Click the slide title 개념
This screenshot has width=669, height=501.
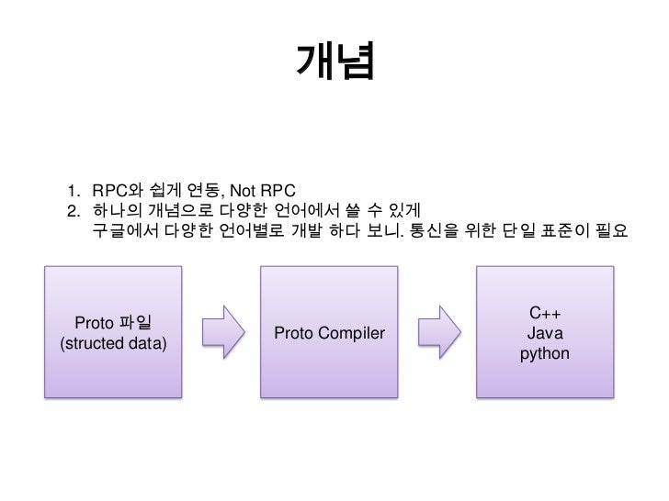pyautogui.click(x=334, y=61)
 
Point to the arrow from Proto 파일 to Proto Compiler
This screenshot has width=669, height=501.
pyautogui.click(x=221, y=332)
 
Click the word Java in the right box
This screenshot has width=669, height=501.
pyautogui.click(x=544, y=334)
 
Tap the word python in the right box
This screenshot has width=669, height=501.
pyautogui.click(x=544, y=353)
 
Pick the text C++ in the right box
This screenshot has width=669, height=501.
pyautogui.click(x=544, y=315)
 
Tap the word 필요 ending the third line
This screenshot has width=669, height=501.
pyautogui.click(x=610, y=228)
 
